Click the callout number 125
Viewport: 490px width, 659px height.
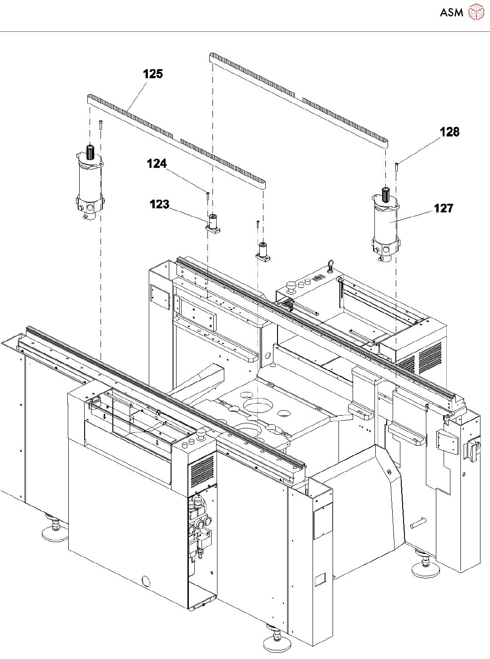click(153, 74)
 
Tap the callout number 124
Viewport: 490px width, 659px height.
click(157, 164)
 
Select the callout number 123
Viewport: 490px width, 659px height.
click(159, 205)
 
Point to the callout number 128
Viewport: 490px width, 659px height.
click(450, 132)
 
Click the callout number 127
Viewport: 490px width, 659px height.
click(444, 208)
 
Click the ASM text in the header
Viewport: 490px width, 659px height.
click(451, 13)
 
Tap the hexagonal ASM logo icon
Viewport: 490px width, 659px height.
click(476, 12)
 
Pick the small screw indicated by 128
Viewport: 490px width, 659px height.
click(397, 166)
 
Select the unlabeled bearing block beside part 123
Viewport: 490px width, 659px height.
click(263, 251)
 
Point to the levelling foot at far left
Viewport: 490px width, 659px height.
click(55, 530)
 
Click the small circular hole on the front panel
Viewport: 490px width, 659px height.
click(146, 581)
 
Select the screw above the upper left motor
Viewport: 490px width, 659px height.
click(100, 125)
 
